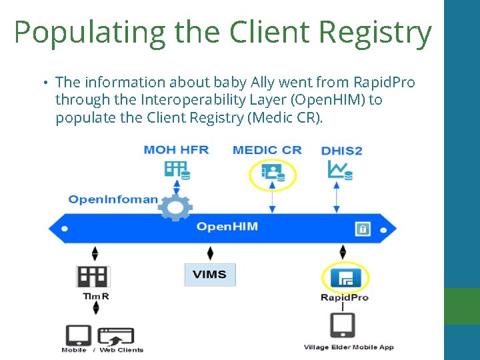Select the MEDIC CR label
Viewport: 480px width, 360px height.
click(267, 149)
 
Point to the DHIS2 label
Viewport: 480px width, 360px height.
click(341, 151)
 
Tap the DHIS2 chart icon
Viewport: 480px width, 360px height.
click(339, 170)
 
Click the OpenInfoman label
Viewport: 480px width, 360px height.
click(113, 199)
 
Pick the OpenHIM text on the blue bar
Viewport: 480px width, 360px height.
click(227, 227)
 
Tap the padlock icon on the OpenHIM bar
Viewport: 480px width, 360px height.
click(363, 229)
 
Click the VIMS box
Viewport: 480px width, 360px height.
click(209, 274)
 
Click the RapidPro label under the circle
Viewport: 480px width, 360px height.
click(345, 297)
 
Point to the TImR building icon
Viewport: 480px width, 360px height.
click(93, 276)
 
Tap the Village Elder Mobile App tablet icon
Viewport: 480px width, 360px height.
click(343, 325)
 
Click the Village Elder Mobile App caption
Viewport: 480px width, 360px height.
click(349, 347)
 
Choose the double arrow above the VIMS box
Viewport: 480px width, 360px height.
click(211, 253)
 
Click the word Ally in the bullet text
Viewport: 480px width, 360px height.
click(262, 83)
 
